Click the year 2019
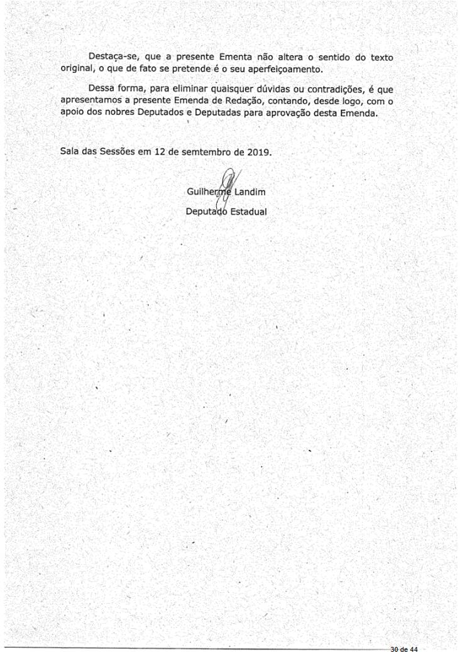click(258, 152)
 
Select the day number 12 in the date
click(160, 152)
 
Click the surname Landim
click(250, 192)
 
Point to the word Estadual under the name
click(248, 212)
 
